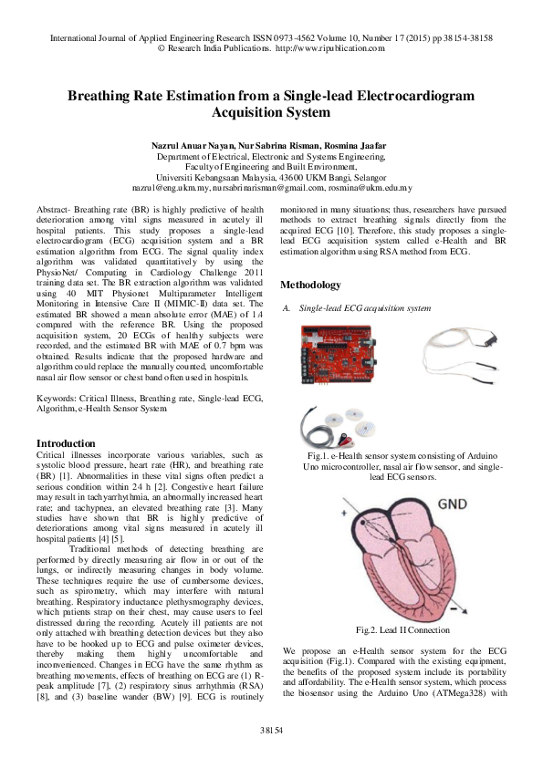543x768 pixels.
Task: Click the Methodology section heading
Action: pyautogui.click(x=310, y=260)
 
